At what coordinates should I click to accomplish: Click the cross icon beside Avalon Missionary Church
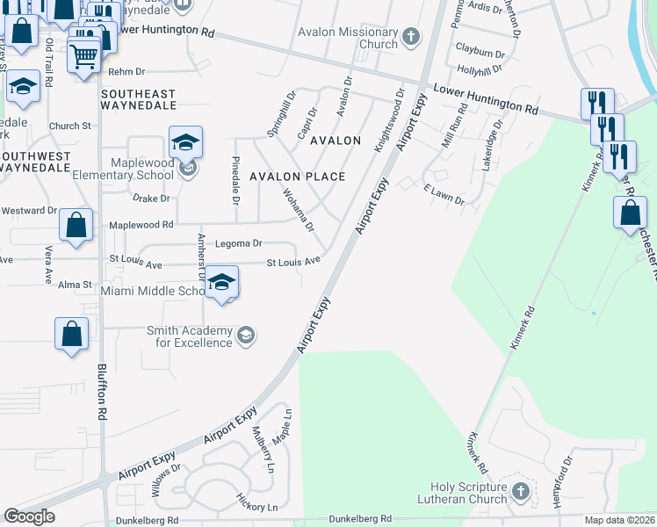(410, 38)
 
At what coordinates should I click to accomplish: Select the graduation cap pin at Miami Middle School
(223, 282)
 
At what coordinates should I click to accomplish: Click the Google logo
(29, 516)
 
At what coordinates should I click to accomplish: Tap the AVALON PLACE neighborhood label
(297, 177)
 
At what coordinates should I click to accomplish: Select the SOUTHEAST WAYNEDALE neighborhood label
(139, 99)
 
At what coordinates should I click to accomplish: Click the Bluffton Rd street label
(102, 392)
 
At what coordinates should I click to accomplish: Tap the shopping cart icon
(84, 55)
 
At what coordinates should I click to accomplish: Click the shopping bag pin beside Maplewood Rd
(76, 225)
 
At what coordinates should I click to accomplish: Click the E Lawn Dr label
(443, 195)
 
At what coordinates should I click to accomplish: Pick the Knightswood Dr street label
(388, 119)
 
